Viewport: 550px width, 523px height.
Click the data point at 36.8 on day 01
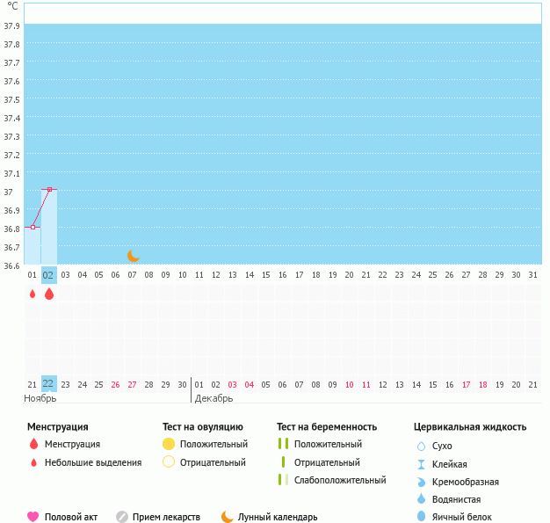pos(33,227)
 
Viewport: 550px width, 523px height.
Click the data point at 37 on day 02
pos(49,189)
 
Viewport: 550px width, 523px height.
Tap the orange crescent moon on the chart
pos(133,255)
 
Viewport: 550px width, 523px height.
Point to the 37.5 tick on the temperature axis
pos(12,99)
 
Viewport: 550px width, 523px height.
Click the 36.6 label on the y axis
pos(12,265)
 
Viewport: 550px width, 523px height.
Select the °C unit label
pos(11,6)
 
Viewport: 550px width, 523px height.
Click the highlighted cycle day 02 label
pos(49,275)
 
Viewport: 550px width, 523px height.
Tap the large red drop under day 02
pos(49,294)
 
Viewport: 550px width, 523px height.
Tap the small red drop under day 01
pos(33,294)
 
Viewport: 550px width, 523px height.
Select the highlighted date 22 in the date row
pos(49,384)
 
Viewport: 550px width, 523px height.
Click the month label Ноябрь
pos(40,398)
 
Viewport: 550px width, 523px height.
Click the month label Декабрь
pos(213,398)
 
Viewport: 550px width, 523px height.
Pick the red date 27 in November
pos(132,384)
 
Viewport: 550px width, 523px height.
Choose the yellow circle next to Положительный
pos(169,444)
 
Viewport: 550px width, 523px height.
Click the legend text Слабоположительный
pos(340,480)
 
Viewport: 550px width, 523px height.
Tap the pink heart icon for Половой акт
pos(33,517)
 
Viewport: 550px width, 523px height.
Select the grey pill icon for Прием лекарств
pos(122,517)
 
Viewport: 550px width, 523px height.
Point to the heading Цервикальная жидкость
pos(469,427)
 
